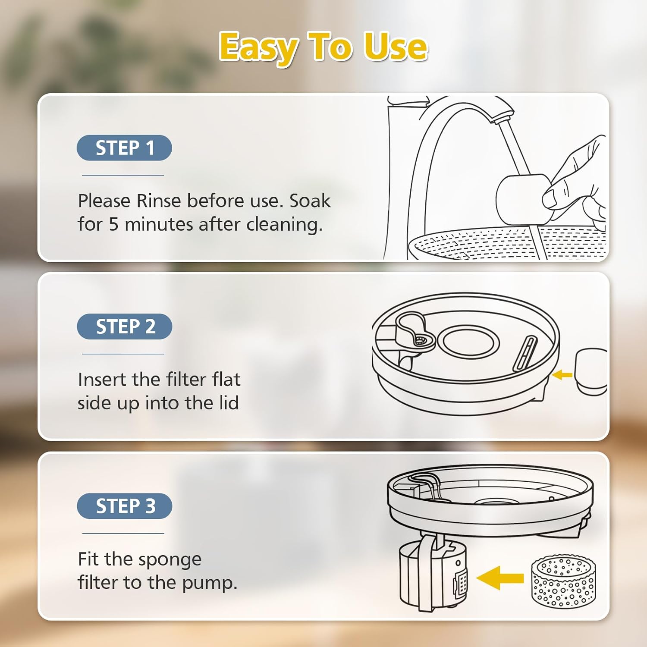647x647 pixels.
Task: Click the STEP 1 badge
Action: tap(124, 148)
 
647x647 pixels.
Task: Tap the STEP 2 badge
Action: tap(125, 327)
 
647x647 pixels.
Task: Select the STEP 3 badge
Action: tap(125, 506)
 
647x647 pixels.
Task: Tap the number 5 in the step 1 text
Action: tap(113, 225)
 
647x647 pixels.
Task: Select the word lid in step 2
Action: tap(229, 403)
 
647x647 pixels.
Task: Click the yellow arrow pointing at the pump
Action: tap(500, 578)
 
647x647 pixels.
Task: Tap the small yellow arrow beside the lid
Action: tap(562, 375)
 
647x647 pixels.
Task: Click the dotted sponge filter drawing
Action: tap(563, 581)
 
